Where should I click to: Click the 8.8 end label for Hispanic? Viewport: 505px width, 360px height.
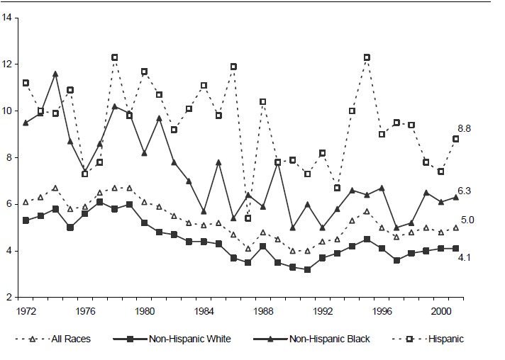pyautogui.click(x=465, y=128)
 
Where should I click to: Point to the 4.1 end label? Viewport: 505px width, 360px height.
pyautogui.click(x=465, y=258)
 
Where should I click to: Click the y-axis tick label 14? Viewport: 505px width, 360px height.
pyautogui.click(x=6, y=17)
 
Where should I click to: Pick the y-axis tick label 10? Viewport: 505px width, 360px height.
pyautogui.click(x=6, y=111)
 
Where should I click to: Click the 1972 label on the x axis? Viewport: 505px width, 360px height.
pyautogui.click(x=26, y=310)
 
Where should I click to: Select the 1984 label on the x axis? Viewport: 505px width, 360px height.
pyautogui.click(x=204, y=310)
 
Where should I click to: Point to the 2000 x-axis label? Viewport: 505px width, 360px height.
pyautogui.click(x=440, y=310)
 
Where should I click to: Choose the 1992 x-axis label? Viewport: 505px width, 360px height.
pyautogui.click(x=322, y=310)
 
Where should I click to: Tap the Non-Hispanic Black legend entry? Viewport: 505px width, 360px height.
pyautogui.click(x=330, y=339)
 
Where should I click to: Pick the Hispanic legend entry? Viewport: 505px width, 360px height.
pyautogui.click(x=443, y=339)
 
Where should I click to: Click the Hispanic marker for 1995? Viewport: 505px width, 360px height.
pyautogui.click(x=367, y=57)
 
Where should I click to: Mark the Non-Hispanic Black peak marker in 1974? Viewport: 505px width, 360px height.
pyautogui.click(x=55, y=74)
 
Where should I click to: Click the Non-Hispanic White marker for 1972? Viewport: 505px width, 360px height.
pyautogui.click(x=26, y=220)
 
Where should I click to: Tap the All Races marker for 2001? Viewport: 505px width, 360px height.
pyautogui.click(x=455, y=227)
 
